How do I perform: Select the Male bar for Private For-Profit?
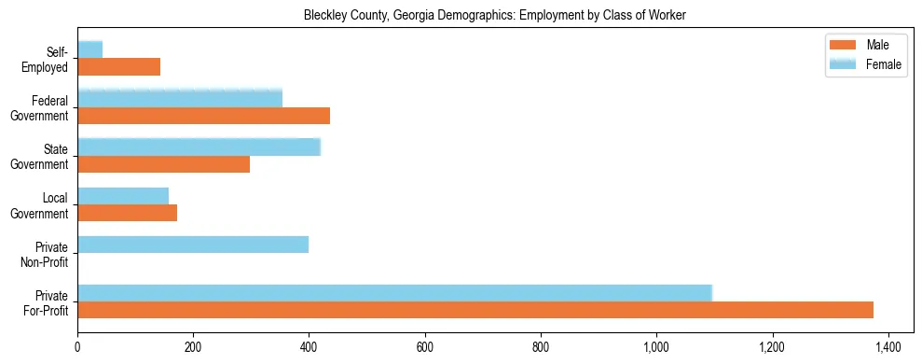475,310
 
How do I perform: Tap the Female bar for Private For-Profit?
394,292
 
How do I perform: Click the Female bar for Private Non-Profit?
193,245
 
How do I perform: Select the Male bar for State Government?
163,164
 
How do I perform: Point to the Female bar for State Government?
199,147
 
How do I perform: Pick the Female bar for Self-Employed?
89,49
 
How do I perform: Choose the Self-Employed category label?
49,59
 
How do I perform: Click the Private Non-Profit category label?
47,253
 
